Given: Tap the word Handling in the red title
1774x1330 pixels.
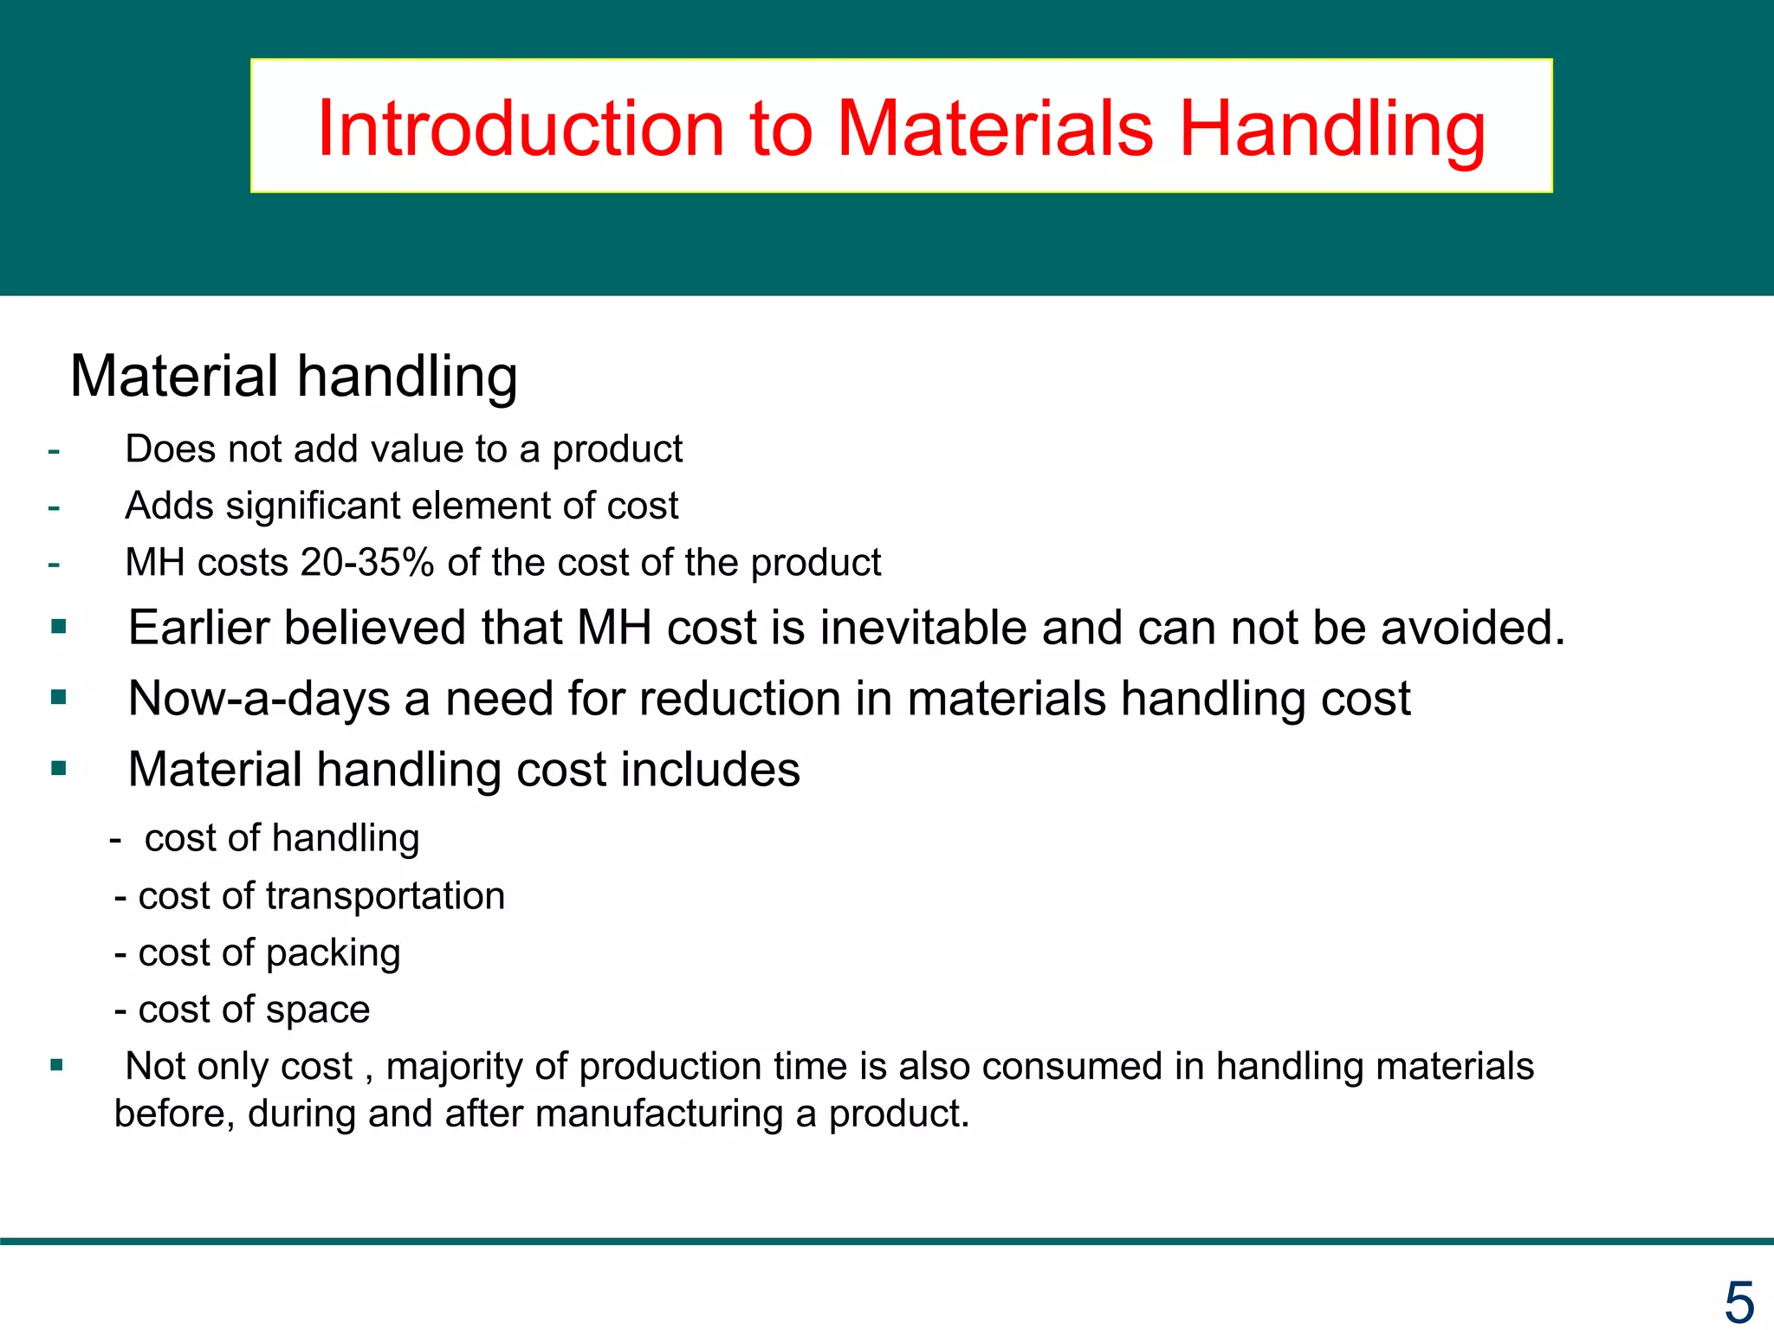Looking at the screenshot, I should click(1332, 130).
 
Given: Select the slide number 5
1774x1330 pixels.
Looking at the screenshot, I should click(1738, 1301).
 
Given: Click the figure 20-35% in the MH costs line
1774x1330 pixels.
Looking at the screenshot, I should click(367, 563).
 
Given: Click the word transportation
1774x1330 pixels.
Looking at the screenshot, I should click(385, 895).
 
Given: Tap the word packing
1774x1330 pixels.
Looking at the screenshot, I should click(333, 952).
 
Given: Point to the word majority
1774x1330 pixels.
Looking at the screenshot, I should click(453, 1066).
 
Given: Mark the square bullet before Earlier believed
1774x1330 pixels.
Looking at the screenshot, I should click(59, 627).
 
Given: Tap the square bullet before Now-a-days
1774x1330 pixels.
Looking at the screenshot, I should click(59, 698).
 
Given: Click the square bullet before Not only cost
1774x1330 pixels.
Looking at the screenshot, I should click(57, 1066).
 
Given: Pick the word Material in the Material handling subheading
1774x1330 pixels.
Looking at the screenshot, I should click(174, 376).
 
